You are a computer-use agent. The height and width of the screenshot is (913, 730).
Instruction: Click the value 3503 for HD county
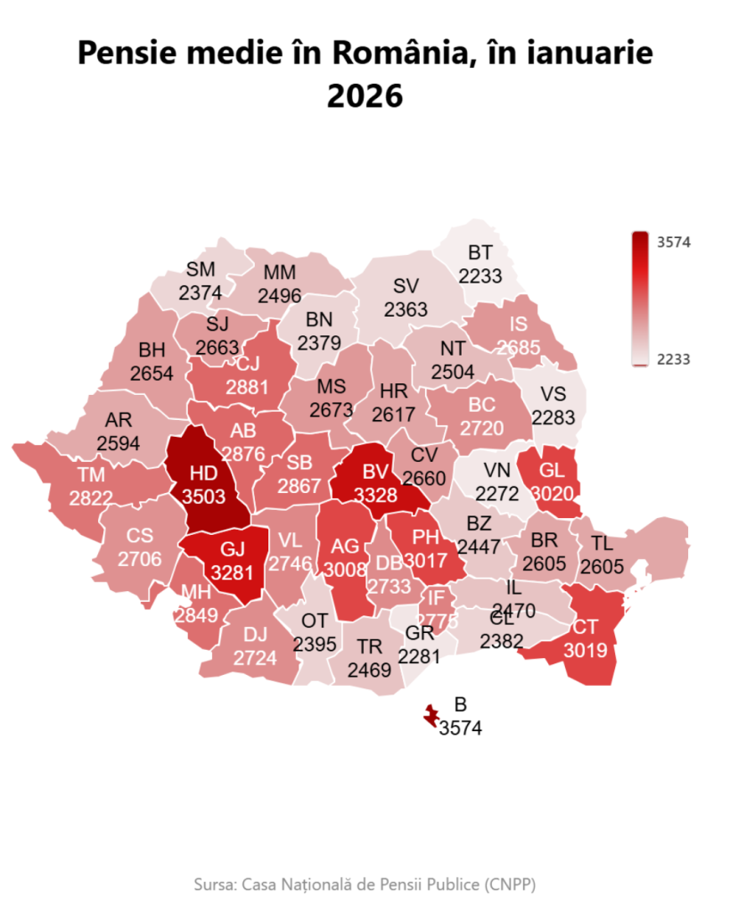[204, 497]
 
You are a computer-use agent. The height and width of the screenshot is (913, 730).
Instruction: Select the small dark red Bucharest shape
[432, 714]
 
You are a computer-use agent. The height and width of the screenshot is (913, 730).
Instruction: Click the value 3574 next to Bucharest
[460, 728]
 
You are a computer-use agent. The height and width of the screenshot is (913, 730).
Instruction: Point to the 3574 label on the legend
[674, 242]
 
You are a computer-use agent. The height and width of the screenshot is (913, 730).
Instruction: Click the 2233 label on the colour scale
[674, 358]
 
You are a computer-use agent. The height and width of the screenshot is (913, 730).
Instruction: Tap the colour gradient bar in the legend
[640, 299]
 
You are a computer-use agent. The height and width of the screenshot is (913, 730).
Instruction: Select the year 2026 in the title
[365, 95]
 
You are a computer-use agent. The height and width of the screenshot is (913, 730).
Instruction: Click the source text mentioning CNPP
[365, 884]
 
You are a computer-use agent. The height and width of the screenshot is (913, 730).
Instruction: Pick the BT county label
[480, 254]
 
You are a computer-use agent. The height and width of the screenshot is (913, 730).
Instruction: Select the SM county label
[201, 269]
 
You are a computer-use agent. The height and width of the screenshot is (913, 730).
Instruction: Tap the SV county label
[406, 287]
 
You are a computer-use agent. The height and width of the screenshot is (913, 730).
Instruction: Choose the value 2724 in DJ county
[255, 658]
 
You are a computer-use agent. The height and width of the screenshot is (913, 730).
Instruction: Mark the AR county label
[118, 420]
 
